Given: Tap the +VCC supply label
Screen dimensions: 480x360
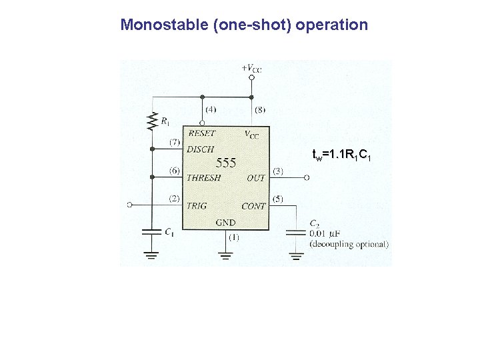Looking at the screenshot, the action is pyautogui.click(x=251, y=67).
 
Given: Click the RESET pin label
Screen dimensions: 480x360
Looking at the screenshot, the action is pyautogui.click(x=202, y=133).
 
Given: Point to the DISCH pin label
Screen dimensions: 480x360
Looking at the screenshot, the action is pyautogui.click(x=200, y=149).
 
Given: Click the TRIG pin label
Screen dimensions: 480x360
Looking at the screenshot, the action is pyautogui.click(x=197, y=206).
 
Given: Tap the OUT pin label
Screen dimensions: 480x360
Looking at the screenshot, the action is pyautogui.click(x=255, y=178).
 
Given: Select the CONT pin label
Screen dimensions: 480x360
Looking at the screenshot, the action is pyautogui.click(x=253, y=207).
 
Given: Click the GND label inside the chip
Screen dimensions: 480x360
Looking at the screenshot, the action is pyautogui.click(x=225, y=223).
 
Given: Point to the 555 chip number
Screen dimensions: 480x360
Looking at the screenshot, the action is pyautogui.click(x=227, y=163).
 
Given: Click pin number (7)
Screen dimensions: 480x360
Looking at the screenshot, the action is pyautogui.click(x=174, y=142).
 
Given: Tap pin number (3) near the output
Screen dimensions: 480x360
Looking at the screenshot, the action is pyautogui.click(x=278, y=171).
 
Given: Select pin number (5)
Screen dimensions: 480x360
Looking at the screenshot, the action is pyautogui.click(x=278, y=199).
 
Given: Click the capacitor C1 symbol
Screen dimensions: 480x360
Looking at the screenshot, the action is pyautogui.click(x=152, y=231).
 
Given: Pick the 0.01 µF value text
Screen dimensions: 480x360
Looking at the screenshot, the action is pyautogui.click(x=327, y=233).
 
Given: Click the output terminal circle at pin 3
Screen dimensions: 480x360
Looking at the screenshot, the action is pyautogui.click(x=307, y=178).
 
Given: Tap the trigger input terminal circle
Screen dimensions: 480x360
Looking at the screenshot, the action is pyautogui.click(x=130, y=205).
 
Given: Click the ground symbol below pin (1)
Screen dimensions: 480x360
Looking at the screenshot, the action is pyautogui.click(x=225, y=255).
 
